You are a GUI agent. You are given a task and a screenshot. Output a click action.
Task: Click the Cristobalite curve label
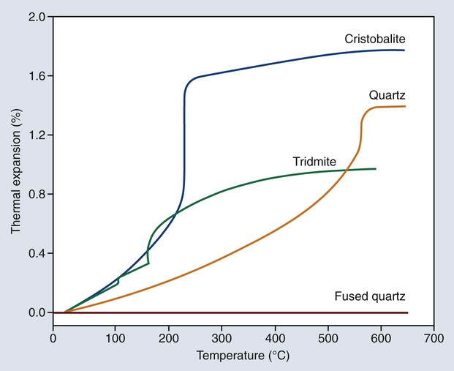pos(376,37)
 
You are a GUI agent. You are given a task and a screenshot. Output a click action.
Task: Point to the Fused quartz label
pos(370,296)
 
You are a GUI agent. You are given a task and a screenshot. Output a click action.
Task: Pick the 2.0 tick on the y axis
pos(37,17)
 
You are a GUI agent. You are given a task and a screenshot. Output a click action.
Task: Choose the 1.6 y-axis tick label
pos(37,76)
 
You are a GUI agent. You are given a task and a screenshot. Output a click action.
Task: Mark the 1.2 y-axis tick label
pos(37,135)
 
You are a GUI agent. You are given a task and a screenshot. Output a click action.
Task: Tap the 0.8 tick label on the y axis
pos(37,195)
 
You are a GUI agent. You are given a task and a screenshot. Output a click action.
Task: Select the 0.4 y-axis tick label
pos(37,254)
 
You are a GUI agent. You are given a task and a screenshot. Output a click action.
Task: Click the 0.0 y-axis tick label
pos(37,312)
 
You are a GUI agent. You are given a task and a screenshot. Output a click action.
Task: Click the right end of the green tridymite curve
pos(375,169)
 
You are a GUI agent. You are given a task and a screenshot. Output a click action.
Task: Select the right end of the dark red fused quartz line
pos(406,312)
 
